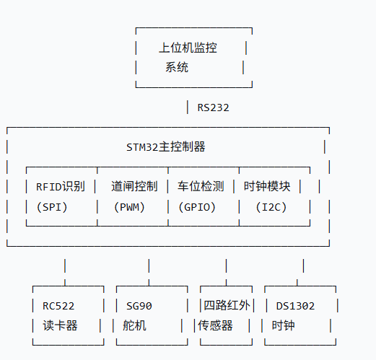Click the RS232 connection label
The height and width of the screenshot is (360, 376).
click(x=213, y=107)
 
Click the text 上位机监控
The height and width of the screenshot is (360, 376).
click(x=188, y=48)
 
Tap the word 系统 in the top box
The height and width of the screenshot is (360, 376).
click(x=177, y=68)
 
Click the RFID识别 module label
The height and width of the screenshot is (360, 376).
click(x=61, y=186)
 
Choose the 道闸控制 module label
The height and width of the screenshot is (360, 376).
click(x=134, y=186)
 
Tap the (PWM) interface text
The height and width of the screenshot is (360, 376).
click(x=130, y=207)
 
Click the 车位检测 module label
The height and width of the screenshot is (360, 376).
click(x=201, y=186)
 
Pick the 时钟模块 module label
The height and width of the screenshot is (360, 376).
click(x=267, y=186)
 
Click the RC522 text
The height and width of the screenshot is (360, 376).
click(x=59, y=306)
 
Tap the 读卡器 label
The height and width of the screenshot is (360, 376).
click(x=59, y=325)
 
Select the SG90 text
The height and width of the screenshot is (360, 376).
click(x=139, y=306)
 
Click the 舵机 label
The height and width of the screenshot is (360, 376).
click(x=135, y=325)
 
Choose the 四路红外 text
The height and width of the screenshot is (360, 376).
click(x=227, y=306)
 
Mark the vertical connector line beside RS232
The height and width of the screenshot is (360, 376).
click(x=187, y=107)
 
